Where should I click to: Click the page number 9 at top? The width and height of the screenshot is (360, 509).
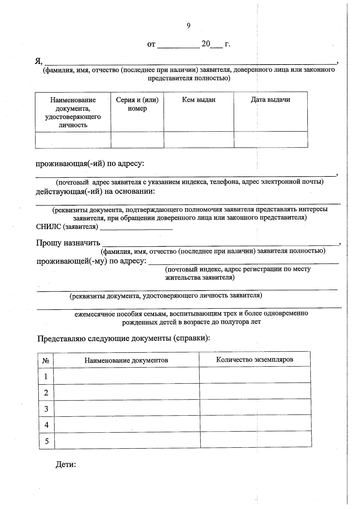pos(188,26)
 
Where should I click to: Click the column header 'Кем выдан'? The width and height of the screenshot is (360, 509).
pos(199,100)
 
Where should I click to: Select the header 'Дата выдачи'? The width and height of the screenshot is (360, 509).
pos(270,100)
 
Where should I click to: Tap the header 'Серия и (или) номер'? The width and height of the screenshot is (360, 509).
pos(137,104)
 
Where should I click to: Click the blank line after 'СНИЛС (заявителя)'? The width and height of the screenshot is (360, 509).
pos(136,227)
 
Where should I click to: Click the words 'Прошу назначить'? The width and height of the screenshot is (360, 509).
pos(68,243)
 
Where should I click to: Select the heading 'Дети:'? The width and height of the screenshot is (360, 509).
pos(66,464)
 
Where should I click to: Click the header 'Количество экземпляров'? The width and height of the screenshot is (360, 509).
pos(254,359)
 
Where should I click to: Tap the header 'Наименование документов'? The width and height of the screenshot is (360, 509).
pos(126,360)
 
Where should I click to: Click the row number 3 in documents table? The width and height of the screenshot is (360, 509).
pos(46,409)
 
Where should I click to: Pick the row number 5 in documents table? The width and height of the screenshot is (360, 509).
pos(46,441)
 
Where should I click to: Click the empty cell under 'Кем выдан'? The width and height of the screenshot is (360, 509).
pos(199,140)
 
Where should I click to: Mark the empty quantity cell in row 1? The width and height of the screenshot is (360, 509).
pos(255,375)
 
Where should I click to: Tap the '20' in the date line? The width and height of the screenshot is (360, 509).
pos(206,44)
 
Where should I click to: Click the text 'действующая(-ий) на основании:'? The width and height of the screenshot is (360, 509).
pos(95,191)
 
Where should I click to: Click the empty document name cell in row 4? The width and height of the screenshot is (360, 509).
pos(127,424)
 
